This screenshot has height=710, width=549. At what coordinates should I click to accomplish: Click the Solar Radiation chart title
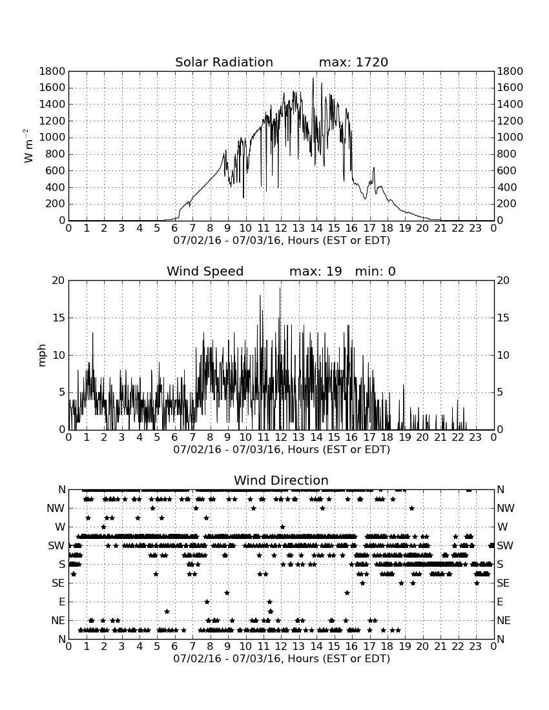[x=223, y=62]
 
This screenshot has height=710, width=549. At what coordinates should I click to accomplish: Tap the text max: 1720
[x=353, y=62]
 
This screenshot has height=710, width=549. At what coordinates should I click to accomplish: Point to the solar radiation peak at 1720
[x=313, y=78]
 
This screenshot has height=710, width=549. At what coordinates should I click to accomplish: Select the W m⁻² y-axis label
[x=28, y=146]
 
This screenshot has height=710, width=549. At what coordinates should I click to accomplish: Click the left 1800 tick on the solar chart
[x=52, y=71]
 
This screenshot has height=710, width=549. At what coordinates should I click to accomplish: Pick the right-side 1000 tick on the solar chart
[x=510, y=137]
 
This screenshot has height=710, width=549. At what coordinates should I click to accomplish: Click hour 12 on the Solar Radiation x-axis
[x=281, y=228]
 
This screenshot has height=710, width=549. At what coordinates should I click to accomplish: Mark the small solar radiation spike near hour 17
[x=374, y=168]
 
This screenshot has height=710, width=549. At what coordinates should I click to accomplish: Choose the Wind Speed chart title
[x=205, y=271]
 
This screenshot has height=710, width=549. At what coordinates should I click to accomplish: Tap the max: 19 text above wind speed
[x=315, y=271]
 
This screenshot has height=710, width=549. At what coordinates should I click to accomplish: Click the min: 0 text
[x=375, y=271]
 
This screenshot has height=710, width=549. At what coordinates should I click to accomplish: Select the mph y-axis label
[x=42, y=356]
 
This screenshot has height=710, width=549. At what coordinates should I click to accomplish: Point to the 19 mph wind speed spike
[x=280, y=289]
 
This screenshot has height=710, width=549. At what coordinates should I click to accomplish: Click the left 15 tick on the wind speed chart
[x=59, y=318]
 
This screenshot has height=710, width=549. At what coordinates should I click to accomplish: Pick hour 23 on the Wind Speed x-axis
[x=475, y=438]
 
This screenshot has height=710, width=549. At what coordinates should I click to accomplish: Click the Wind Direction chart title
[x=281, y=480]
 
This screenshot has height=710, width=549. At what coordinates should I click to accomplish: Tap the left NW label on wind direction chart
[x=56, y=509]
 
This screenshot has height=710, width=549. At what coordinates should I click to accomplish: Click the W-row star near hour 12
[x=283, y=527]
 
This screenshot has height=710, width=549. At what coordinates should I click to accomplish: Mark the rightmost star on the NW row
[x=412, y=508]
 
